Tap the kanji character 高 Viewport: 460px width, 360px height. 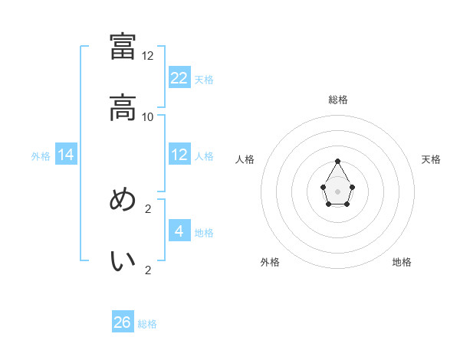point(123,108)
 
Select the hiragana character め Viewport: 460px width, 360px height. point(123,200)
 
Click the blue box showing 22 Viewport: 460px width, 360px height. point(179,77)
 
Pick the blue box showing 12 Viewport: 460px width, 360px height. point(179,155)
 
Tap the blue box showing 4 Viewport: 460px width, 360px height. point(179,231)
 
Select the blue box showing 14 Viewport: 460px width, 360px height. point(66,155)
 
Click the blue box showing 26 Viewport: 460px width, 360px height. point(123,322)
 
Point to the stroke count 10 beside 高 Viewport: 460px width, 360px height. point(148,116)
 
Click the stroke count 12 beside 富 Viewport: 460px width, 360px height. point(148,56)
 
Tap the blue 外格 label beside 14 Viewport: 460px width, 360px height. point(41,156)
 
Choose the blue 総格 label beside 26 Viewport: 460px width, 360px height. point(147,324)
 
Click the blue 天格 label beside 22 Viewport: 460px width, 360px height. point(204,79)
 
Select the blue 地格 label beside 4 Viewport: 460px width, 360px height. point(204,233)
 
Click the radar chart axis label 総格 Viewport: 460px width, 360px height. point(338,100)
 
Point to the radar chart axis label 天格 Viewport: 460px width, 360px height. point(431,159)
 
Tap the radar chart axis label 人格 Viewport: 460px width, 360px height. point(245,159)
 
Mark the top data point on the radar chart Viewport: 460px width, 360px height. point(337,162)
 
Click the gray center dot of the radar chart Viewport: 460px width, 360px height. point(337,191)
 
